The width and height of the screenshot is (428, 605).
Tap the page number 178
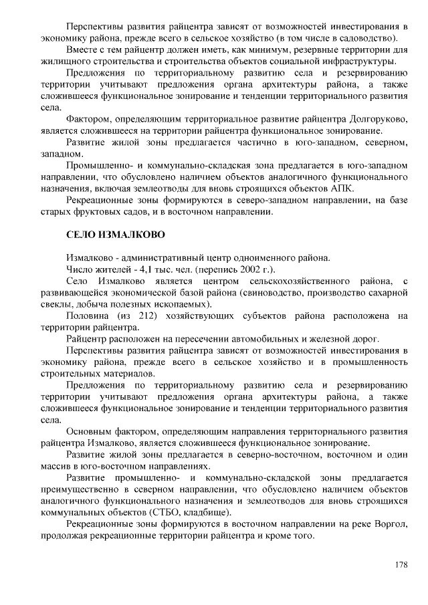[x=401, y=565]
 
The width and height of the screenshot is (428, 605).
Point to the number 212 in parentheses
[x=155, y=316]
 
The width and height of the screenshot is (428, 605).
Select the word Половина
[x=88, y=316]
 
